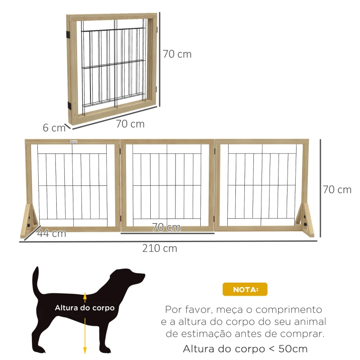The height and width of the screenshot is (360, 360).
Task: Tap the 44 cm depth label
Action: coord(51,233)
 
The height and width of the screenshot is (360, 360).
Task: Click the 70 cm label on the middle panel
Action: coord(166,227)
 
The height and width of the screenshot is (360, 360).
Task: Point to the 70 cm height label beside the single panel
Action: coord(177,54)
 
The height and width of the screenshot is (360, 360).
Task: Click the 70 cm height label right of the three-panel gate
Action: coord(337,189)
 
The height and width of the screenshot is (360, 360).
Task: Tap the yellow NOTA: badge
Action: coord(245,289)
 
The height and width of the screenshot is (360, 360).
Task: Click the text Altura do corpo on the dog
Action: coord(85,308)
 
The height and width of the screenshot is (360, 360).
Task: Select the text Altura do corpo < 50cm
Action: coord(245,349)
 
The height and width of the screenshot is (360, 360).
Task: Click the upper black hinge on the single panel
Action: coord(68,34)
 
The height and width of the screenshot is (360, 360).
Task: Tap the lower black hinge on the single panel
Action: coord(69,105)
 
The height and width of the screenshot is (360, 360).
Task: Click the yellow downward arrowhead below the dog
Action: coord(85,351)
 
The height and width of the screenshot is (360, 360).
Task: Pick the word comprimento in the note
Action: coord(293,310)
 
